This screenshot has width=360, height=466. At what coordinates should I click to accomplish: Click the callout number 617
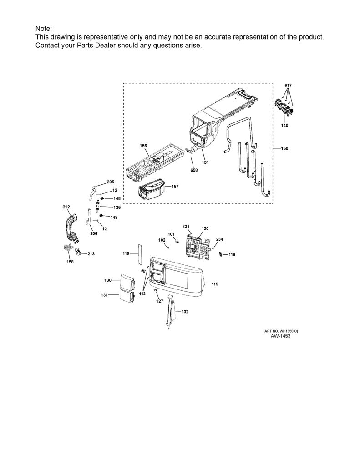tap(288, 85)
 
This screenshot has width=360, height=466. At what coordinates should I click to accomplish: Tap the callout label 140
tap(284, 126)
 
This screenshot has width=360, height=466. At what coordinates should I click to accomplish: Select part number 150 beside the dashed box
tap(284, 148)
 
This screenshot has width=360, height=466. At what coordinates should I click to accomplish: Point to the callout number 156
tap(143, 146)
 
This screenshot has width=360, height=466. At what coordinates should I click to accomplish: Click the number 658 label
tap(194, 170)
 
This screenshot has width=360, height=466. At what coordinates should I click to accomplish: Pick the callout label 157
tap(175, 186)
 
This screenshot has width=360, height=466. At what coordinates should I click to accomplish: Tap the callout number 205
tap(111, 182)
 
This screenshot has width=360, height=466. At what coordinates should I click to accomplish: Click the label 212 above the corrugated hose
tap(66, 207)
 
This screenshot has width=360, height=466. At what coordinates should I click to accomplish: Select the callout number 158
tap(70, 262)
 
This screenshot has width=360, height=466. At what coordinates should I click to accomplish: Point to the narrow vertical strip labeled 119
tap(140, 254)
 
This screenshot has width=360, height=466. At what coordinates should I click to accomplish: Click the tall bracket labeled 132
tap(171, 311)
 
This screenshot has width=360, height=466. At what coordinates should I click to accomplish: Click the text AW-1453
tap(280, 336)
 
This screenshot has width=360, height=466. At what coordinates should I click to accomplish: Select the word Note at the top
tap(43, 29)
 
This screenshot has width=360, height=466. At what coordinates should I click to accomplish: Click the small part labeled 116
tap(220, 254)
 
